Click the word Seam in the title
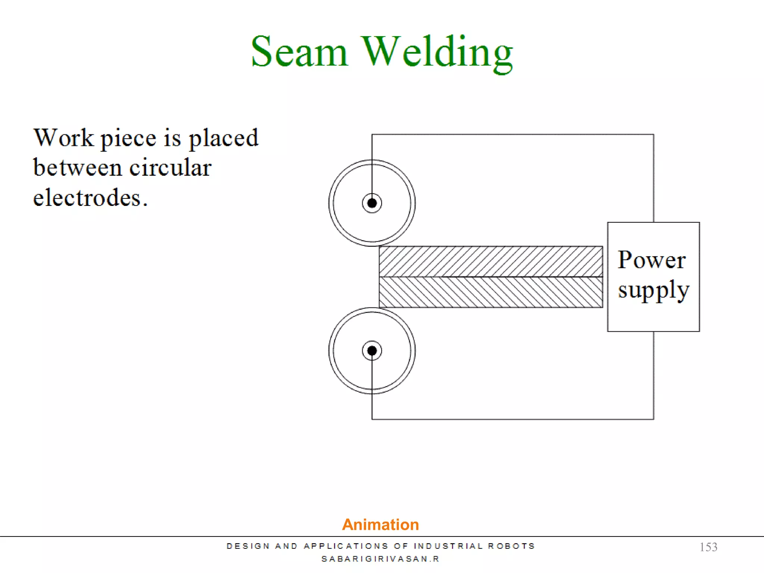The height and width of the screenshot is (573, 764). point(299,52)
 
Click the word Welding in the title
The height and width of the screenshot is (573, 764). point(437,52)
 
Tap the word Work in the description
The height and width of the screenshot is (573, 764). point(63,138)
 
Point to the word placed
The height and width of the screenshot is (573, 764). point(223,138)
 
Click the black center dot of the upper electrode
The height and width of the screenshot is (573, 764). point(372,203)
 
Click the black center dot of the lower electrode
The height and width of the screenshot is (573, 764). point(372,351)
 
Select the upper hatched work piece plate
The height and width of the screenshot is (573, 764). point(491,261)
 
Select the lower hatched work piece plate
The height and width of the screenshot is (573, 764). point(491,292)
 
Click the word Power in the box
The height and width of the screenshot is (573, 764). point(651,260)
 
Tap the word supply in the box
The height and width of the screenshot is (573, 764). point(653,290)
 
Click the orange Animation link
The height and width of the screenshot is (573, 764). point(381,525)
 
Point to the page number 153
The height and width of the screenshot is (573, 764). point(708,547)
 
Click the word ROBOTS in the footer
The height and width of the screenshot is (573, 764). point(511,546)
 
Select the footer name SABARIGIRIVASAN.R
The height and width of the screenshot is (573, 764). point(381,559)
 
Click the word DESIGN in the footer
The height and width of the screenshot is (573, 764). point(248,546)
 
